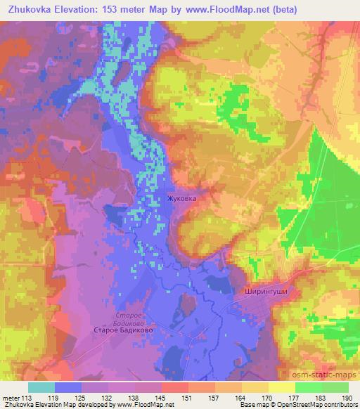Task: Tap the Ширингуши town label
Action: pyautogui.click(x=264, y=289)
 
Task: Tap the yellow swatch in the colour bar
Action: pyautogui.click(x=282, y=387)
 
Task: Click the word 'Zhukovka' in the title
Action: pyautogui.click(x=34, y=10)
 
